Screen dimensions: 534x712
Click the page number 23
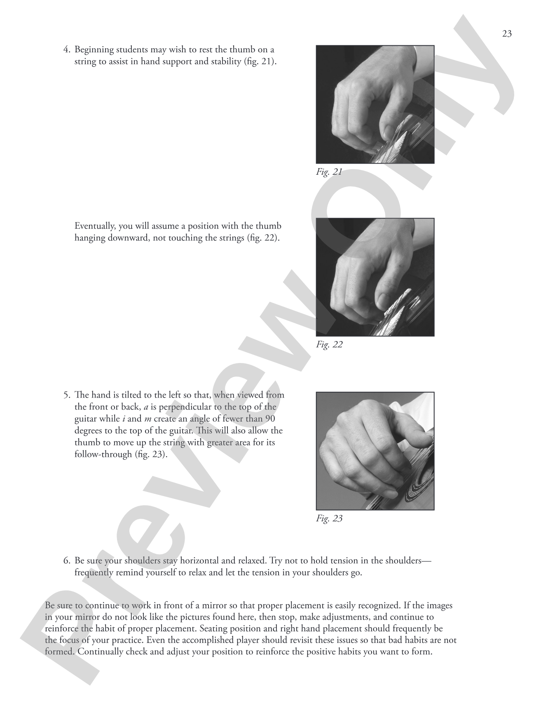[x=507, y=34]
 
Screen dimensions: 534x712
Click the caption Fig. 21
[x=329, y=172]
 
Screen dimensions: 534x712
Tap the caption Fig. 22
[x=329, y=344]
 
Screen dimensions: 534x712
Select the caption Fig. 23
[x=329, y=518]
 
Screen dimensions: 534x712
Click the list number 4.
[x=67, y=50]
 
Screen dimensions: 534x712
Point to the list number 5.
[x=67, y=395]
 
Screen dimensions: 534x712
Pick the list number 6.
[x=67, y=561]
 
